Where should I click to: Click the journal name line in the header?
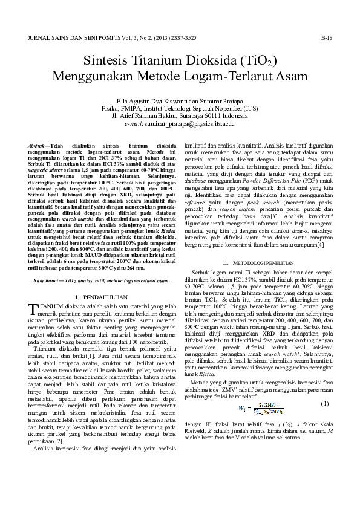click(x=112, y=37)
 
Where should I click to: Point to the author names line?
click(x=180, y=100)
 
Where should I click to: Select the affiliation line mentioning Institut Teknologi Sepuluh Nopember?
click(x=180, y=108)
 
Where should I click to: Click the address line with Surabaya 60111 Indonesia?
click(x=180, y=115)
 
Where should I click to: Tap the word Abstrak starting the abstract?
click(x=39, y=146)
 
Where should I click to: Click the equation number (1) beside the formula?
click(x=324, y=404)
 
